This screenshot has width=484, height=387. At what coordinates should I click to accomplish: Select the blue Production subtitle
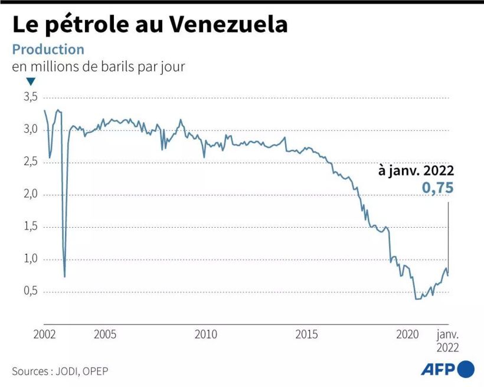[48, 50]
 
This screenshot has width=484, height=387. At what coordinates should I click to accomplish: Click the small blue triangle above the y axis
[31, 82]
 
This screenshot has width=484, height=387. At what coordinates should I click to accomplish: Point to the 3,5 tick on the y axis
[30, 97]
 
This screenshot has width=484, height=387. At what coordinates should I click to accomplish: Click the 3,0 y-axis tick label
[30, 129]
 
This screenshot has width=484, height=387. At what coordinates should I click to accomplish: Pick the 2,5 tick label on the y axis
[30, 162]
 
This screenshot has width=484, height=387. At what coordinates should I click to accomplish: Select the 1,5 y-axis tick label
[30, 227]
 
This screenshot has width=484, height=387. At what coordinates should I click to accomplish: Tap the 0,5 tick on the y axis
[30, 291]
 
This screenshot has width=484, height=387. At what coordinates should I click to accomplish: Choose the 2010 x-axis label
[206, 334]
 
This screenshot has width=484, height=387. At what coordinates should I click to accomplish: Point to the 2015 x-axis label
[307, 334]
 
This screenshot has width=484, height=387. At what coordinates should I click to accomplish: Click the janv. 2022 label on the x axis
[447, 340]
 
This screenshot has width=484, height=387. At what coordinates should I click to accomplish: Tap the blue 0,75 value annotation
[437, 188]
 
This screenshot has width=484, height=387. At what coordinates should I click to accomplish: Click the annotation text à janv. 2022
[416, 171]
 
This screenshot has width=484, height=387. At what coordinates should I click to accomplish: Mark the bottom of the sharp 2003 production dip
[64, 276]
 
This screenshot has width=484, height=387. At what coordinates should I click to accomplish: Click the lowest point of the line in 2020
[417, 299]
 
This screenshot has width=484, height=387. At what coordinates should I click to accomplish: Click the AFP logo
[447, 370]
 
